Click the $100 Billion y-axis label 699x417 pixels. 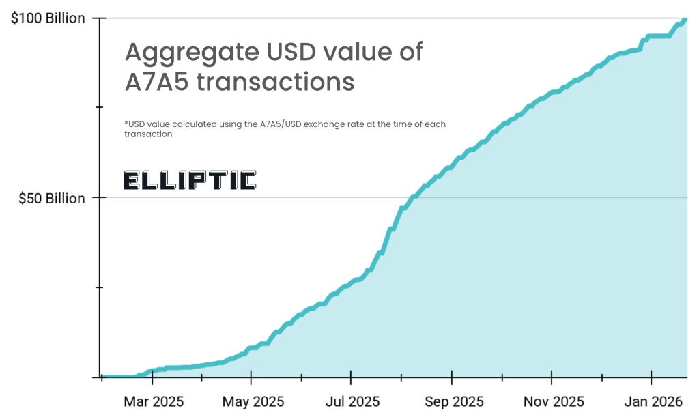(x=47, y=18)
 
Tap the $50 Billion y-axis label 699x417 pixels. (x=51, y=199)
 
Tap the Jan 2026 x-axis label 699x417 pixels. (x=653, y=401)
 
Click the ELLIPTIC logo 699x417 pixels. (x=190, y=180)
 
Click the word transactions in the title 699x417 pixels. (x=275, y=82)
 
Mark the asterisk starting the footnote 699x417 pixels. (x=126, y=124)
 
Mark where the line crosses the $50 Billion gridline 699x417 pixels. (x=414, y=197)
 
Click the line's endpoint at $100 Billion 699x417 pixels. (x=685, y=19)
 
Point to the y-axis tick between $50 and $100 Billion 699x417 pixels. (x=100, y=108)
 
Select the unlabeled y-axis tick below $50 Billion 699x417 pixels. (x=100, y=287)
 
